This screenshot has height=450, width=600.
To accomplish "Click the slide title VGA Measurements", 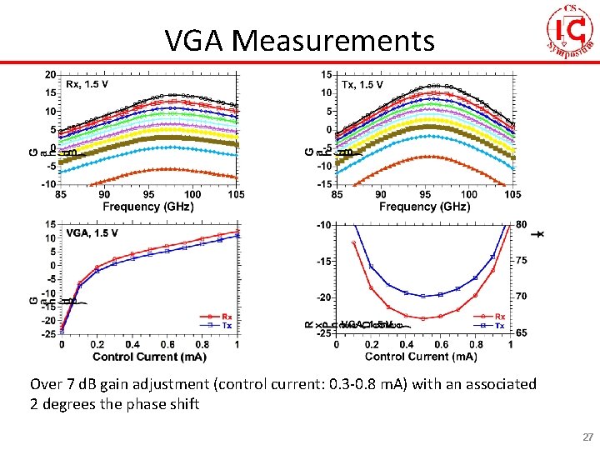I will coord(299,39).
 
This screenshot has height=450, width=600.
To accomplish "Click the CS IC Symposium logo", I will coord(573,31).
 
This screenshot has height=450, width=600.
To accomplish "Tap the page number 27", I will coord(587,437).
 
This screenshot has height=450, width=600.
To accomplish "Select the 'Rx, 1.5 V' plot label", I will coord(86,84).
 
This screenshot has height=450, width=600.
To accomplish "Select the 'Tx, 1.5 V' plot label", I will coord(362,84).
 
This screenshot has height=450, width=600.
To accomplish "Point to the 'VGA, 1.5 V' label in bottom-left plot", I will coord(92,232).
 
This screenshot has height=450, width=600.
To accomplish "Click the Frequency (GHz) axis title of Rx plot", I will coord(148,206).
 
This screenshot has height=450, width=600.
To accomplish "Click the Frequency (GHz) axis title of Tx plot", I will coord(424,206).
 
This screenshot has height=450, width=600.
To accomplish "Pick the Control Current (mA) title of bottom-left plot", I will coord(149,357).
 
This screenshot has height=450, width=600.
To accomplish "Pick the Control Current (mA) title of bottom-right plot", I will coord(421,357).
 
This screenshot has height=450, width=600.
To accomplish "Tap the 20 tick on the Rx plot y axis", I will coord(51,75).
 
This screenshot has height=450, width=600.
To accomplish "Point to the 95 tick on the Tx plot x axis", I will coord(424,195).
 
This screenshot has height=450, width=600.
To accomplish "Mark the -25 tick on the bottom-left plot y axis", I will coord(49,334).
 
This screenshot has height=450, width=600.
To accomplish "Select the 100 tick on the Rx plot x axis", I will coord(192,195).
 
